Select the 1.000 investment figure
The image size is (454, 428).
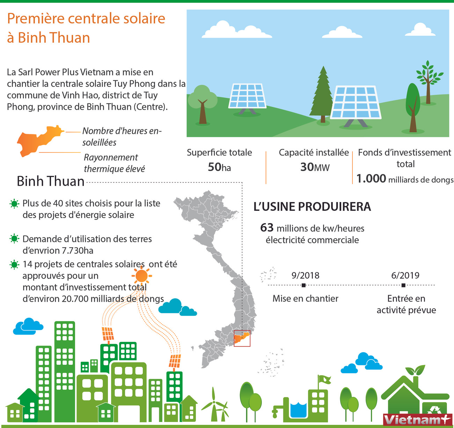point(371,179)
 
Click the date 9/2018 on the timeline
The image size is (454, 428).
point(305,275)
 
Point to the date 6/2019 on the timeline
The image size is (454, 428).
point(405,275)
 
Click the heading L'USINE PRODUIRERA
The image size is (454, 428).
point(312,207)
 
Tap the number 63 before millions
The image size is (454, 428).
point(267,228)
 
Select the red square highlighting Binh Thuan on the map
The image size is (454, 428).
point(242,338)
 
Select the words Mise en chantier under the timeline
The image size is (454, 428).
point(305,299)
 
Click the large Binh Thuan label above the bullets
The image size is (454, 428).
point(51,181)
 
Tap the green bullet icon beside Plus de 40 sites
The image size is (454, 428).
point(14,204)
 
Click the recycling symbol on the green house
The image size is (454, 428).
point(435,409)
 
